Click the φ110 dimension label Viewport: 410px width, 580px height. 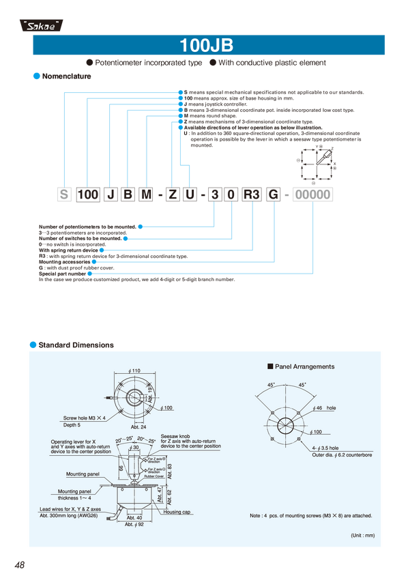point(134,371)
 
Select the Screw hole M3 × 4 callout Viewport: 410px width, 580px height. point(85,417)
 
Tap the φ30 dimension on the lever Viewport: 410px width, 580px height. point(134,447)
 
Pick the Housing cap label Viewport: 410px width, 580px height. point(177,512)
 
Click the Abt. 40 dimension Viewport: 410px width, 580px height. point(133,518)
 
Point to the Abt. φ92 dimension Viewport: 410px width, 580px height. point(133,525)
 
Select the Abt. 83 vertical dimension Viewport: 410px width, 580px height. point(169,470)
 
